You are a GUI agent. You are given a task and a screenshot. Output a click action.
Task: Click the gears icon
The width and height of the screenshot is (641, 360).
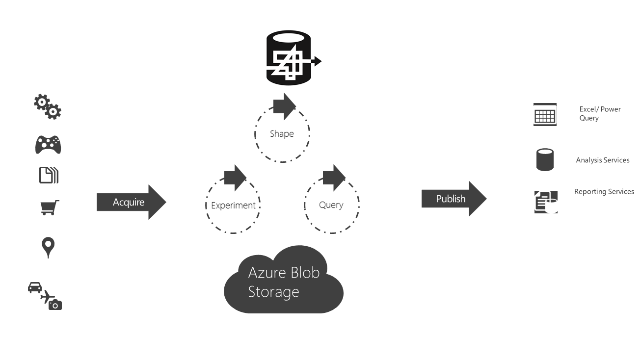48,107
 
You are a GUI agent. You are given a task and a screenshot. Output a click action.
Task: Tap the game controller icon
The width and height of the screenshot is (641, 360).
48,145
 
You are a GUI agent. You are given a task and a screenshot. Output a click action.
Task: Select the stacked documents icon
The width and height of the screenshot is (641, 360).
49,175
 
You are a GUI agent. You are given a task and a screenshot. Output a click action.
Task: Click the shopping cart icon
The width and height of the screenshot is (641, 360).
49,207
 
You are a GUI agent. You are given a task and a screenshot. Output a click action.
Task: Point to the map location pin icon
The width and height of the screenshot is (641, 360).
48,247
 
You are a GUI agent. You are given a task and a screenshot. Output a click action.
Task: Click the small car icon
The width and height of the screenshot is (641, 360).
35,287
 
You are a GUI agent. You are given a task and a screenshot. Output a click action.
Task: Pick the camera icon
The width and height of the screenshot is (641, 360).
55,305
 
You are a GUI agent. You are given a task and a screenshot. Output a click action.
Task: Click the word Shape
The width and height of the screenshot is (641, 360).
282,134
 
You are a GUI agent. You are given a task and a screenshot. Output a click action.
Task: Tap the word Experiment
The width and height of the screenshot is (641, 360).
233,206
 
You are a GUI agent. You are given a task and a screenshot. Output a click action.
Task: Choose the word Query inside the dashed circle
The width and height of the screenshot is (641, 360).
331,205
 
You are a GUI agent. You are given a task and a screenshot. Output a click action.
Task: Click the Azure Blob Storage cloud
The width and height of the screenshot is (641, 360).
283,282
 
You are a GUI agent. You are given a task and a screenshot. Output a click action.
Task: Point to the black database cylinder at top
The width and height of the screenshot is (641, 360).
289,58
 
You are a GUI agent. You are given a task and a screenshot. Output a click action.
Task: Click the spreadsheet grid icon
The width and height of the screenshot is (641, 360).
545,115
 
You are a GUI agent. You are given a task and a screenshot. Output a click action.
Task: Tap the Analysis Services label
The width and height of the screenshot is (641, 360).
602,160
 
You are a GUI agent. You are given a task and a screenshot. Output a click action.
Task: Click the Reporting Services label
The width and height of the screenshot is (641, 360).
604,192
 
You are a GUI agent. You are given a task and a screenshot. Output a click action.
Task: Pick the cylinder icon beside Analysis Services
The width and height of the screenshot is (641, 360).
545,160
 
